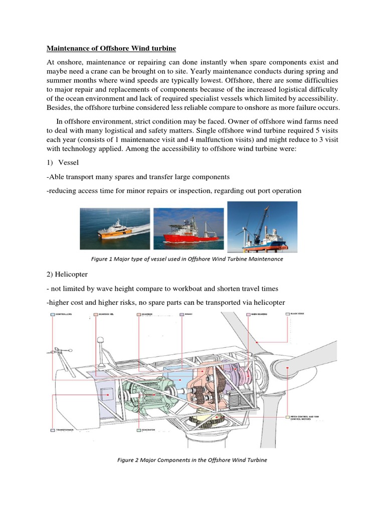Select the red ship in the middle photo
(185, 231)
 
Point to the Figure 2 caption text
(192, 460)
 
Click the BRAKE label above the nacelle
(188, 314)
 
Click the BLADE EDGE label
(298, 314)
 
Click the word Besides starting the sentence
(60, 108)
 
